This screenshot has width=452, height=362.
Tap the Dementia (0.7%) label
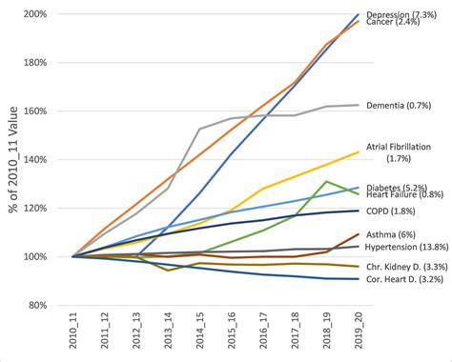click(401, 105)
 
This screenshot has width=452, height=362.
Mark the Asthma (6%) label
click(392, 231)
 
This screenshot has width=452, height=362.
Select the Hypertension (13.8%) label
click(404, 247)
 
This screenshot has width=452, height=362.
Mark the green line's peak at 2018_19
click(327, 181)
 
